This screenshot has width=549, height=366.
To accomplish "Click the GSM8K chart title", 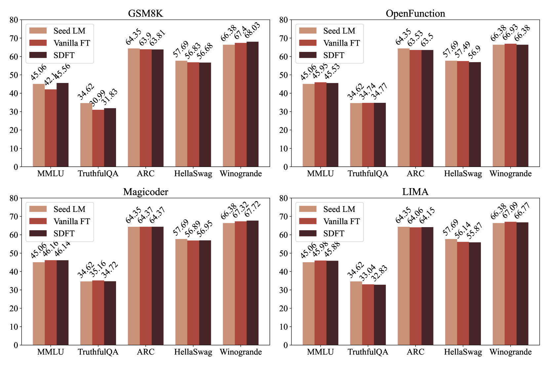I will tap(145, 14).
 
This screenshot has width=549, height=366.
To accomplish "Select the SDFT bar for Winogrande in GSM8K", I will tap(253, 104).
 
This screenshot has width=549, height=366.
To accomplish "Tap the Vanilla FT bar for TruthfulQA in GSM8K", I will tap(98, 138).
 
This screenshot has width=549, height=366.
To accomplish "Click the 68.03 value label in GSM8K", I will tap(253, 30).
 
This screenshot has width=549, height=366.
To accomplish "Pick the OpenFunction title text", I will tap(415, 14).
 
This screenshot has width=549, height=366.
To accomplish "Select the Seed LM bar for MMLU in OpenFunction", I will tap(308, 125).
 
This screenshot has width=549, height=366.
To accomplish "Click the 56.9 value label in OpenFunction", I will tap(475, 52).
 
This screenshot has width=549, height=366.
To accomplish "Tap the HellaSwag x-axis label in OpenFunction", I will tap(463, 174).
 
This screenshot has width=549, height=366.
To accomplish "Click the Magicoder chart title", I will tap(145, 192).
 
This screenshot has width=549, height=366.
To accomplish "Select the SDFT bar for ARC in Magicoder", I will tap(157, 286).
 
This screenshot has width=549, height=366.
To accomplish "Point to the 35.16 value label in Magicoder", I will tap(98, 268).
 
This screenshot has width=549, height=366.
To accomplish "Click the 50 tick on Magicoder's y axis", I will tap(14, 253).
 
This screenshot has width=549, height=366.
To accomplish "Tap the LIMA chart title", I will tap(415, 192).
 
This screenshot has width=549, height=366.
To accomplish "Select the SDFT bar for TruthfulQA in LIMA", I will tap(380, 315).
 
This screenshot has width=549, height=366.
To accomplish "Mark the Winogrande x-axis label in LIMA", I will tap(510, 352).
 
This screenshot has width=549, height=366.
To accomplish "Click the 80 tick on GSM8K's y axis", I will tap(14, 20).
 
